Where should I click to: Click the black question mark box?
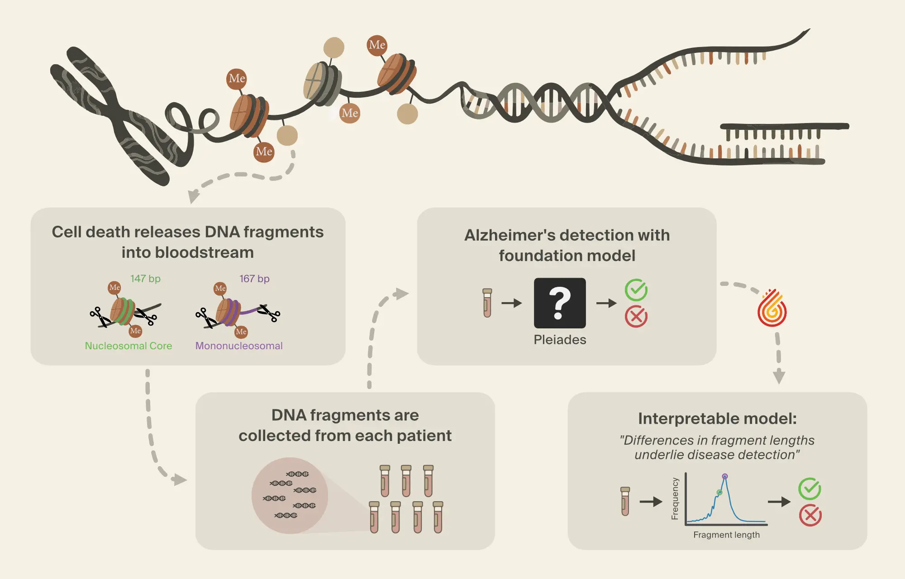pyautogui.click(x=560, y=303)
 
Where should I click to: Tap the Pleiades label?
pyautogui.click(x=560, y=340)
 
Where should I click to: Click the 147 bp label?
pyautogui.click(x=145, y=279)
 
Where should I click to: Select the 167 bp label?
pyautogui.click(x=254, y=279)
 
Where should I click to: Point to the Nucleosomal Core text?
pyautogui.click(x=129, y=346)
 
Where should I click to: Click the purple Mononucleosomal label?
pyautogui.click(x=239, y=346)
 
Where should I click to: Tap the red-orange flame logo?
pyautogui.click(x=772, y=308)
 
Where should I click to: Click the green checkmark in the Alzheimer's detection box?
pyautogui.click(x=636, y=290)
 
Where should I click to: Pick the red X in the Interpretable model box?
pyautogui.click(x=810, y=515)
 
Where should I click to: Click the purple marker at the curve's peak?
pyautogui.click(x=725, y=476)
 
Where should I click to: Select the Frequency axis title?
pyautogui.click(x=675, y=498)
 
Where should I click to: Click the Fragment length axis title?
pyautogui.click(x=726, y=535)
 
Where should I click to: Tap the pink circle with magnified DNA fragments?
pyautogui.click(x=290, y=496)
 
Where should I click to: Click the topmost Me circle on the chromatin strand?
pyautogui.click(x=377, y=45)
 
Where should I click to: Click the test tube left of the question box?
pyautogui.click(x=487, y=303)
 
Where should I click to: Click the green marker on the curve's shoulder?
pyautogui.click(x=719, y=492)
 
